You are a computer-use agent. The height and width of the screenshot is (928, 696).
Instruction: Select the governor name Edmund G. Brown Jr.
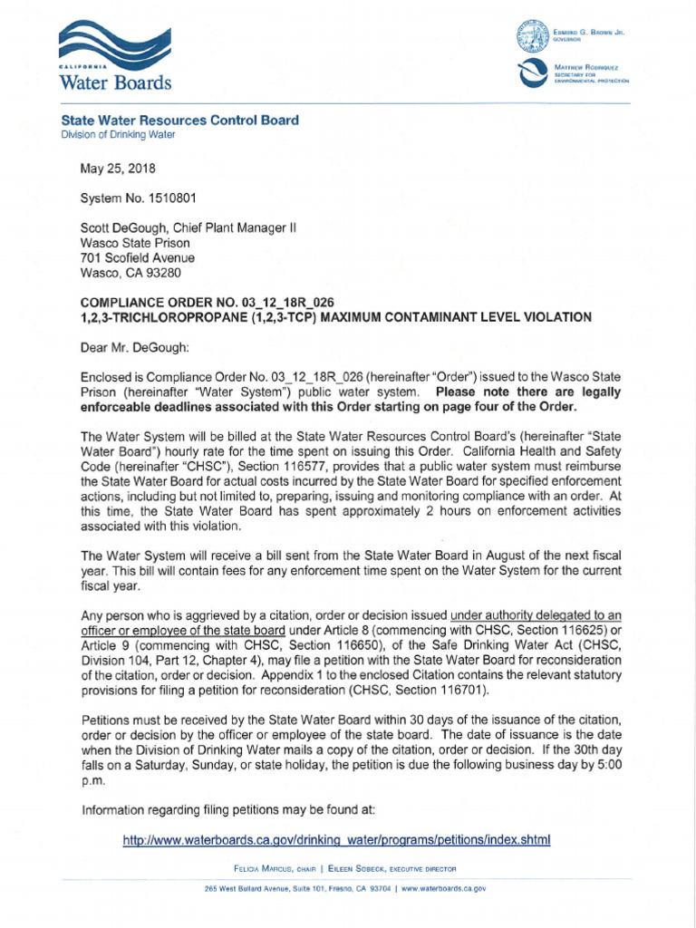click(x=588, y=33)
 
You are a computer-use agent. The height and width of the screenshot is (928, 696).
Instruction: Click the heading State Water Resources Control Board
click(x=179, y=121)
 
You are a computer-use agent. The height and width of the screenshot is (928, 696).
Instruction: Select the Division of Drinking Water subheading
click(x=118, y=135)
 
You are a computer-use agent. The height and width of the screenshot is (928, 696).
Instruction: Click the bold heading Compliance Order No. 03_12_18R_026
click(x=212, y=302)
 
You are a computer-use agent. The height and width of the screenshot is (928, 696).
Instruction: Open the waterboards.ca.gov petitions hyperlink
click(x=336, y=840)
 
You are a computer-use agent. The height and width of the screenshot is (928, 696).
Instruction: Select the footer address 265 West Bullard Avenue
click(x=272, y=889)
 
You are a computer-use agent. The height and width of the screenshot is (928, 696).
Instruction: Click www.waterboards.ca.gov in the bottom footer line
click(x=443, y=889)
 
